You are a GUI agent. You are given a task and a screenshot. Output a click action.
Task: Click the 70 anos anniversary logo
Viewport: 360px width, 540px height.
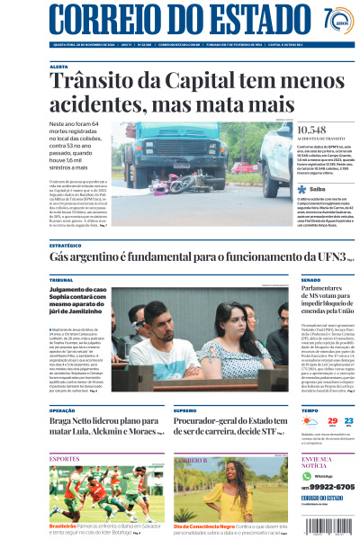[x=337, y=20]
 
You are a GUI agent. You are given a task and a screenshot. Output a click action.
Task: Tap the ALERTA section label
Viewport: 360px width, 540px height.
[x=58, y=67]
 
